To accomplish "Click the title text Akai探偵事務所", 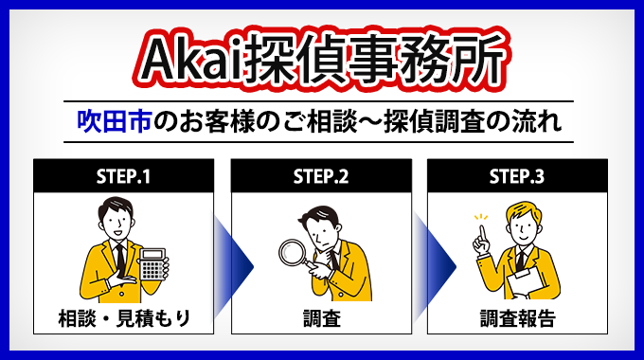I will click(x=322, y=60).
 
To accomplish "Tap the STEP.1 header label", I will click(x=123, y=176).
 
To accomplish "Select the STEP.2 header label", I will click(x=321, y=176).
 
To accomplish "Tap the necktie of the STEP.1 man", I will click(x=119, y=256).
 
